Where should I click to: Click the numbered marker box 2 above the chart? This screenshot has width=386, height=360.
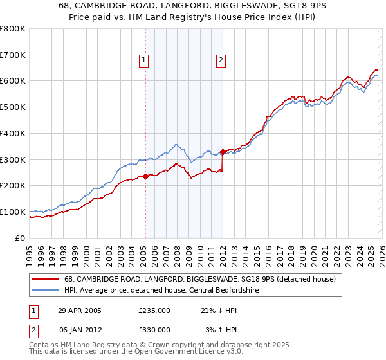click(221, 60)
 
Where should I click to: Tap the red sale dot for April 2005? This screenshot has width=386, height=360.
click(145, 176)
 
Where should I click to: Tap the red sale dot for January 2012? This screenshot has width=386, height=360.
click(223, 152)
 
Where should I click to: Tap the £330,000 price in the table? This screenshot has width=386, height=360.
click(154, 330)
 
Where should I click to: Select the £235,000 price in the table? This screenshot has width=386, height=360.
click(154, 310)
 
